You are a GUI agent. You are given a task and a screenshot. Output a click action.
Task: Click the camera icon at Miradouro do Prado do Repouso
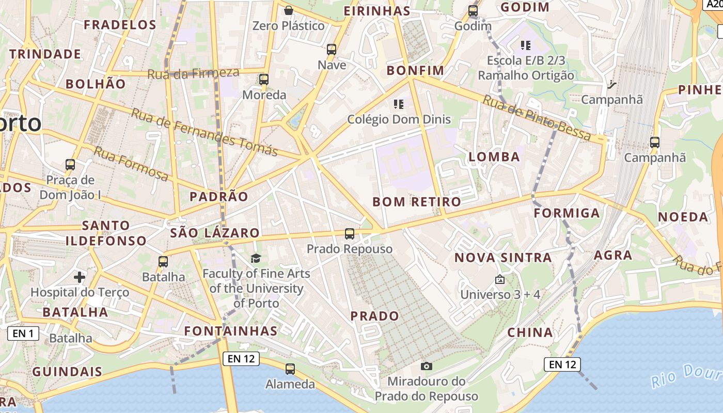point(427,366)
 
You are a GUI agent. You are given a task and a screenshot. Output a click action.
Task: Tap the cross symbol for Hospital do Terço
point(80,277)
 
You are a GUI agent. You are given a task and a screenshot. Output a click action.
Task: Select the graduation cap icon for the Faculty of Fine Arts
point(256,258)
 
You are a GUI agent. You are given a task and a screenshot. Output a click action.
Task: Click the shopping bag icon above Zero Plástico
point(289,10)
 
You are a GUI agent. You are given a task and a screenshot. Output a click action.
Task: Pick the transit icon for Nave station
point(332,50)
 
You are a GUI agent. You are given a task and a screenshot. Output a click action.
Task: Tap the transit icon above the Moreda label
point(264,80)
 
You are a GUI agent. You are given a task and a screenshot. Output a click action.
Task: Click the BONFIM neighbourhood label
point(415,70)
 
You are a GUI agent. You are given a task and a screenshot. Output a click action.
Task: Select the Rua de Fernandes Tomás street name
point(204,132)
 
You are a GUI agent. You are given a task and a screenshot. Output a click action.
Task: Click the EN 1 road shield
point(23,333)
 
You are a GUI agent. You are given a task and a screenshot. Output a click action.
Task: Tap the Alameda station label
point(290,384)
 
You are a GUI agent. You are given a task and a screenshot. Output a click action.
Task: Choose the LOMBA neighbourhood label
point(494,157)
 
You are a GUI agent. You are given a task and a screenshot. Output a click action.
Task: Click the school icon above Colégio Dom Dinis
point(398,104)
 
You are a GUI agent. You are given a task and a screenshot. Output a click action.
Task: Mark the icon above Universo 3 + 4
point(499,280)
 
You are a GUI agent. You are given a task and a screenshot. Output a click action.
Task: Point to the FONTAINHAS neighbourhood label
point(231,330)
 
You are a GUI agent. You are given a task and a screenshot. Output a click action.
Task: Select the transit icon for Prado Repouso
point(350,234)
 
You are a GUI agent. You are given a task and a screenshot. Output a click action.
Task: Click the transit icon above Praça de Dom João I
point(70,165)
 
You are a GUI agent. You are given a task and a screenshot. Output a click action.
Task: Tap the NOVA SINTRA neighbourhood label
point(503,257)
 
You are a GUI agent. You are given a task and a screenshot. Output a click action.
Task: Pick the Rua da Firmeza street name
point(193,73)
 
